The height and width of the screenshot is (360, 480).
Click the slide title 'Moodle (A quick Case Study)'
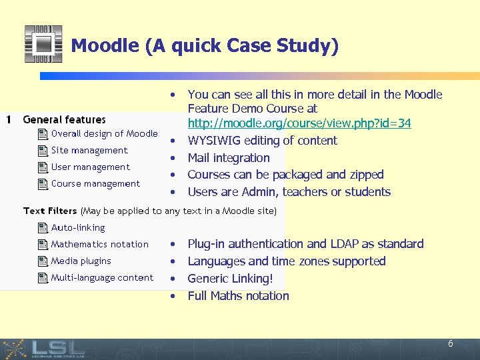(x=205, y=45)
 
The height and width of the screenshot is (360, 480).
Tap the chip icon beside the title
(x=43, y=44)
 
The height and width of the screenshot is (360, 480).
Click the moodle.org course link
(x=299, y=123)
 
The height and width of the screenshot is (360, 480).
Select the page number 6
(x=451, y=344)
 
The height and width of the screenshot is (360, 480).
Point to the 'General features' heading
(x=64, y=120)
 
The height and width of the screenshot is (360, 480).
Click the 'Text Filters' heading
(x=50, y=211)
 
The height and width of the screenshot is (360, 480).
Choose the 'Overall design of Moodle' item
(x=104, y=133)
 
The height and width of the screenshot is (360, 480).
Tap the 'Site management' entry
(x=89, y=150)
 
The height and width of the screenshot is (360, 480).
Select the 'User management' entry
(x=90, y=167)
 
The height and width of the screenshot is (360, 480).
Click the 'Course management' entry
(x=95, y=183)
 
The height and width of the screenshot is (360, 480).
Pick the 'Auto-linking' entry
(x=77, y=227)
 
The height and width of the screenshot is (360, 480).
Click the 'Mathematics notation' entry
(x=99, y=244)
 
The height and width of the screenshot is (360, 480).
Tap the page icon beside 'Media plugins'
(x=42, y=261)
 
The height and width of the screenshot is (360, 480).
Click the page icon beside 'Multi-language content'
(x=42, y=278)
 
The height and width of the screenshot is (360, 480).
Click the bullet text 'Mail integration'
(x=229, y=158)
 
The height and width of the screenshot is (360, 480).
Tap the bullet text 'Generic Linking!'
(x=230, y=279)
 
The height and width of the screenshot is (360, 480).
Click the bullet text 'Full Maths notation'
(x=238, y=296)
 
